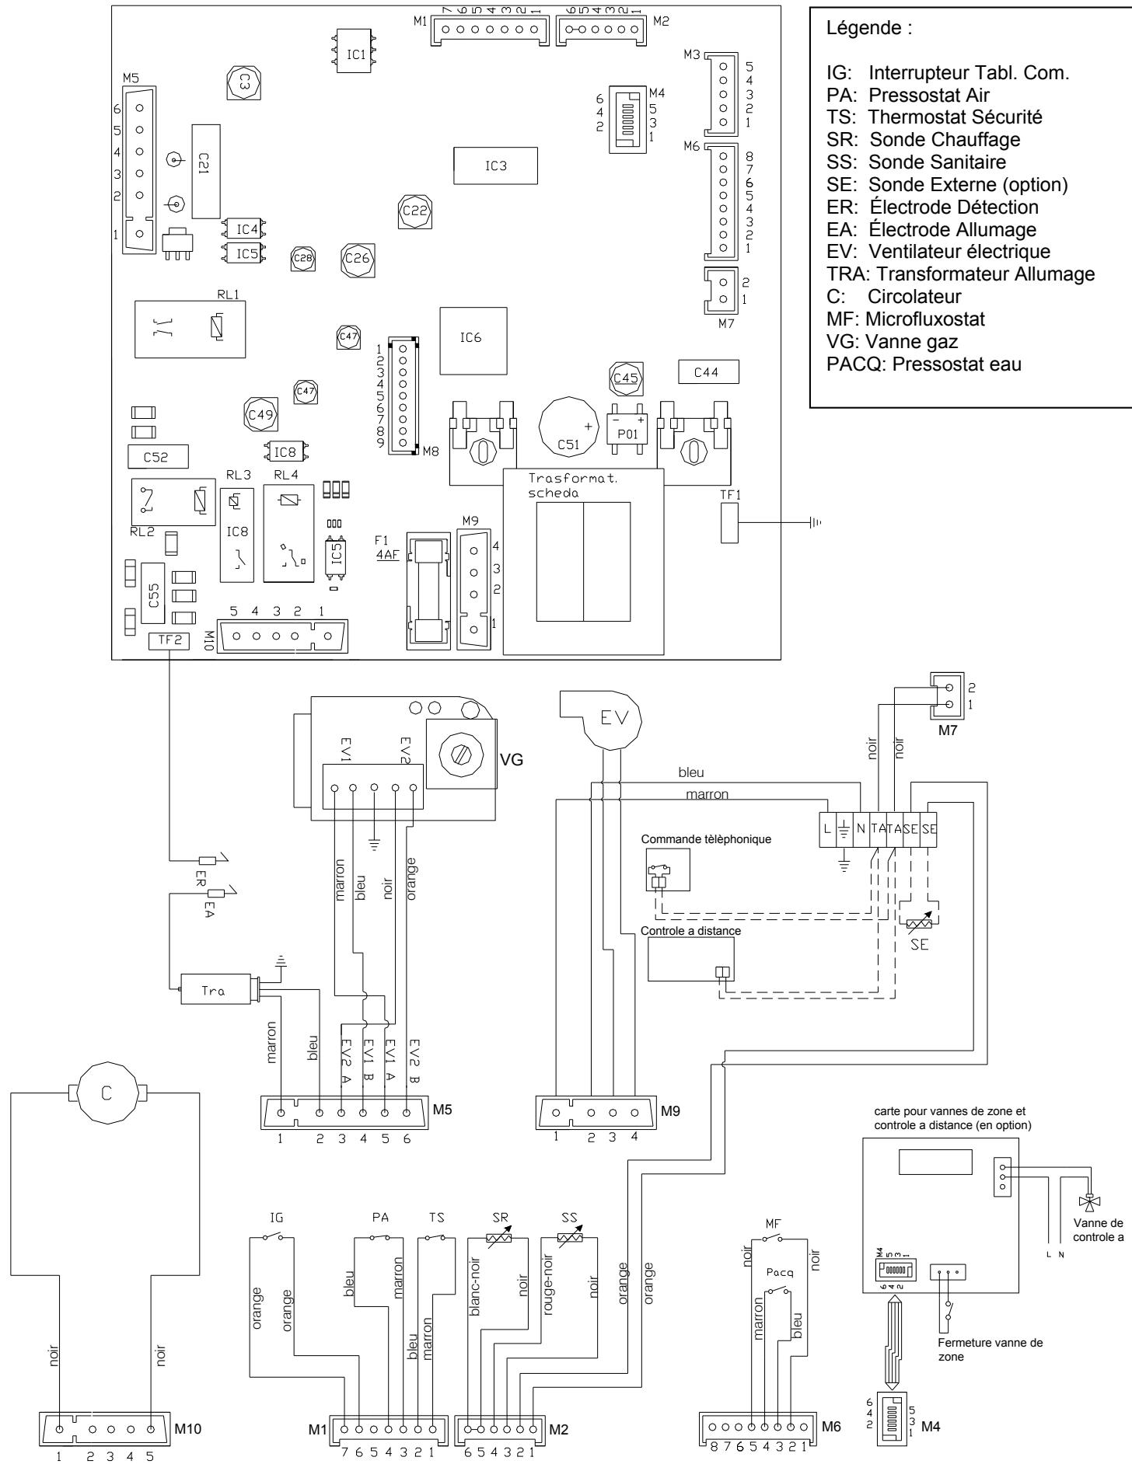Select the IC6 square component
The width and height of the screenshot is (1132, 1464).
(470, 341)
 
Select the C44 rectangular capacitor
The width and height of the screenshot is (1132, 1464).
(707, 373)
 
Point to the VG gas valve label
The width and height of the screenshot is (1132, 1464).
(512, 759)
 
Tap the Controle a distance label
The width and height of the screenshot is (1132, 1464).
(690, 930)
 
